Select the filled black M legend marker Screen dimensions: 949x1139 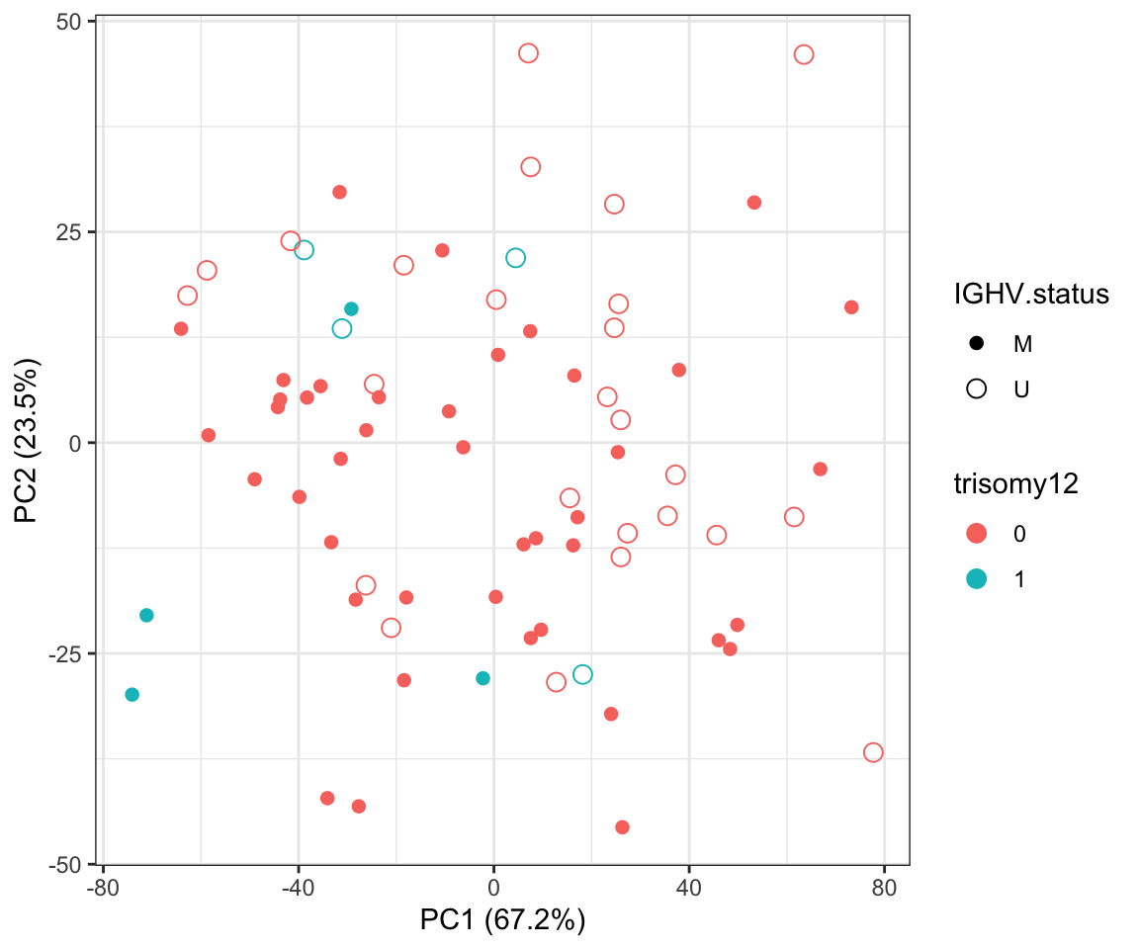click(x=977, y=344)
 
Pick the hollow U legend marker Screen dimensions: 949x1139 click(x=977, y=388)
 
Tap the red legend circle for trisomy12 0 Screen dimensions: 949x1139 click(x=977, y=533)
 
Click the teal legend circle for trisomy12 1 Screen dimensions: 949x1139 click(x=977, y=578)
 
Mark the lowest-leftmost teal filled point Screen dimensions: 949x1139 click(x=131, y=694)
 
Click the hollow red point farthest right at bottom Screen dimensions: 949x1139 click(x=873, y=752)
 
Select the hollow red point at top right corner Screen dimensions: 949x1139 click(x=804, y=54)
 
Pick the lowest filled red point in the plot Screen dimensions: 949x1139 click(x=622, y=826)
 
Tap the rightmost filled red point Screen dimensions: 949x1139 click(x=851, y=307)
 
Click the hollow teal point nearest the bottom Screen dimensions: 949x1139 click(x=582, y=674)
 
